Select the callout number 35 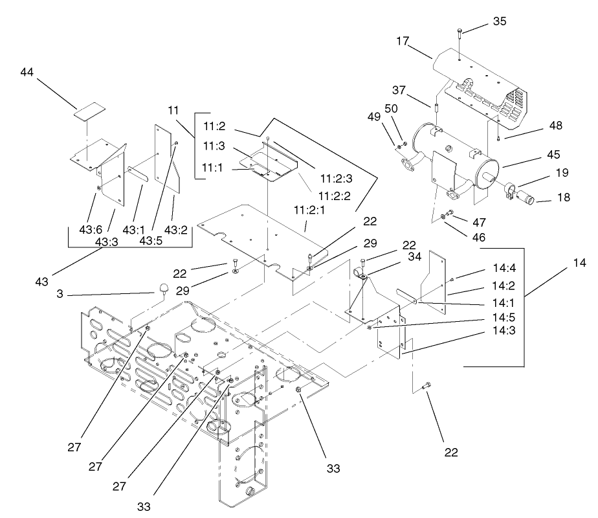tap(499, 21)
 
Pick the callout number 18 tap(563, 197)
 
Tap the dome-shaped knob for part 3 tap(162, 288)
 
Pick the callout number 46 tap(478, 238)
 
